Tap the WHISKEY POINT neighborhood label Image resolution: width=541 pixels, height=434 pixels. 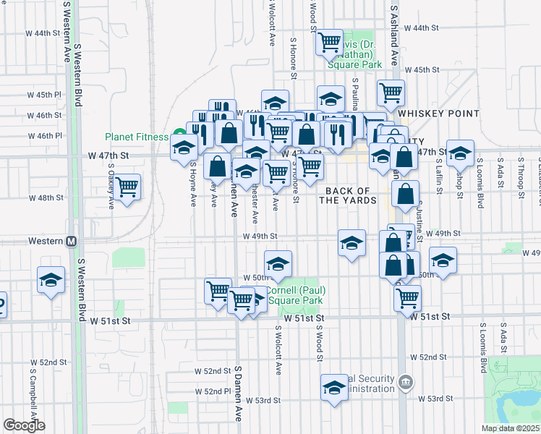point(438,114)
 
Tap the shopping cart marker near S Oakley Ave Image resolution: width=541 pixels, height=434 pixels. point(127,187)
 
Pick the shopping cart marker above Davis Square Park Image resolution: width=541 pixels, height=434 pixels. point(330,43)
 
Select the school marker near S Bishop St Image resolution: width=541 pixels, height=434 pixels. point(460,153)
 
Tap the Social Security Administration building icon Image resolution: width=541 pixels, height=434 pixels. point(406,381)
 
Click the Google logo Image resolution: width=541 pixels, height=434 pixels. point(24,425)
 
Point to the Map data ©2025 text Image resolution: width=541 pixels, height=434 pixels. point(511,428)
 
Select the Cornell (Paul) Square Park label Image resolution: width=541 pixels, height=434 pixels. point(295,295)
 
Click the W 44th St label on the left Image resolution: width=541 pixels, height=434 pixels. point(43,33)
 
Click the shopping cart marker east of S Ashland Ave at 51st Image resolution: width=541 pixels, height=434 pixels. point(408,297)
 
